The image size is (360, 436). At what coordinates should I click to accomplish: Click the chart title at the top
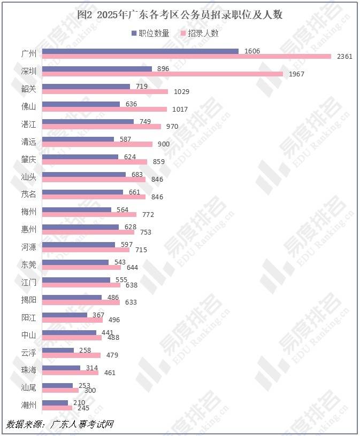180,15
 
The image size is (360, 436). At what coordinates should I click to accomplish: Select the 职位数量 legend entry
151,33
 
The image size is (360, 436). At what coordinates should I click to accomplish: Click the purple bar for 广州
140,51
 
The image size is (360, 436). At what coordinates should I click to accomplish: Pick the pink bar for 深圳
162,74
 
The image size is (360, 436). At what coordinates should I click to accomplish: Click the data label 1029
181,92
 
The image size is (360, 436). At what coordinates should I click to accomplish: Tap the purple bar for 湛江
88,121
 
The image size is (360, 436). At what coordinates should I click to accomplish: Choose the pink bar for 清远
97,144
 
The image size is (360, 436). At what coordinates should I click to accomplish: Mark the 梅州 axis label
29,212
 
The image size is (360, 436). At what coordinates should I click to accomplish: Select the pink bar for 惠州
88,232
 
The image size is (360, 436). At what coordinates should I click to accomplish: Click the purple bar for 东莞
75,262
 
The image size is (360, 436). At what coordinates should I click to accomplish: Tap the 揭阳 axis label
29,300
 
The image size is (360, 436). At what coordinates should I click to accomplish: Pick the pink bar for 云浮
71,355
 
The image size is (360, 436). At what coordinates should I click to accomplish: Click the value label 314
93,368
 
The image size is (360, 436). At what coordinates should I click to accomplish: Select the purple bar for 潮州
55,403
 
